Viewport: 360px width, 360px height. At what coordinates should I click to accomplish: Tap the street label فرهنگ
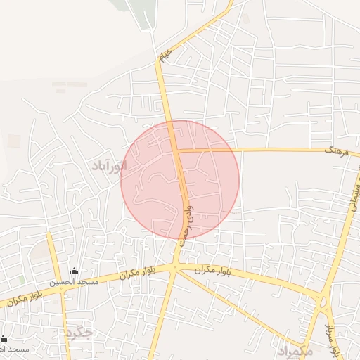pos(337,150)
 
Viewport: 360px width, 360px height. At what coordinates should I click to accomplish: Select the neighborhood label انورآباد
pos(109,166)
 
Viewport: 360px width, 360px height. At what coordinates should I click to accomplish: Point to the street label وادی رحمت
pos(185,223)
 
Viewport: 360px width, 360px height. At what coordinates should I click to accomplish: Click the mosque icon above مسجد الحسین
pos(75,271)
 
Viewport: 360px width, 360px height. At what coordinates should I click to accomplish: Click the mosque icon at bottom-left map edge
pos(4,339)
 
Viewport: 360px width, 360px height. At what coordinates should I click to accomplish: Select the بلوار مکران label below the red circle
pos(196,269)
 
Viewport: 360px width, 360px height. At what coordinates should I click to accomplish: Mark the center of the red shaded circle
pos(180,179)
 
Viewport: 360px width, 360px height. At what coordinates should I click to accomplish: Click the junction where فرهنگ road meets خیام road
pos(176,150)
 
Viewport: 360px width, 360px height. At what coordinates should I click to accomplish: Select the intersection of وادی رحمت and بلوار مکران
pos(174,268)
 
